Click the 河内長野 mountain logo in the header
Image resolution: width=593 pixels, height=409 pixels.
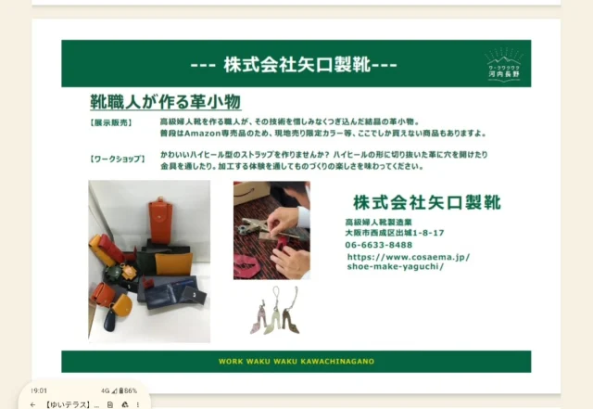(504, 66)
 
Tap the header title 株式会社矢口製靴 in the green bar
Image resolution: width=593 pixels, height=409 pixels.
(296, 66)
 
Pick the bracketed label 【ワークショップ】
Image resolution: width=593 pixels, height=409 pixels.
(118, 159)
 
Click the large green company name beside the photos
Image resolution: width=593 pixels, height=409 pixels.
(426, 202)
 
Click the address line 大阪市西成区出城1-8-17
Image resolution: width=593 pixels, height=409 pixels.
(394, 233)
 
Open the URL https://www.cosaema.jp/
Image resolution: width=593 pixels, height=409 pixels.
(409, 256)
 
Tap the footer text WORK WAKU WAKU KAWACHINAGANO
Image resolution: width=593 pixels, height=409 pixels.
(296, 362)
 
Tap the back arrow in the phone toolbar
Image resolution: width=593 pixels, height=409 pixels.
(33, 404)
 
